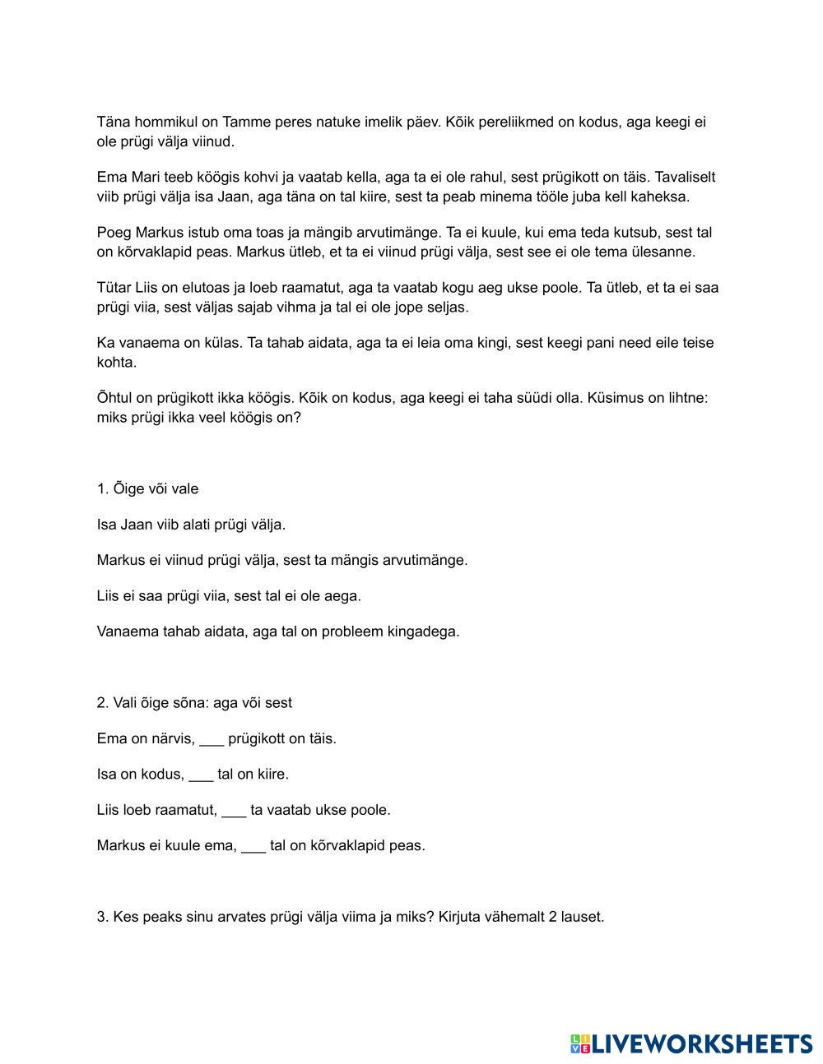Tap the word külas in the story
(223, 343)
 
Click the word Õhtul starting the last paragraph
(116, 398)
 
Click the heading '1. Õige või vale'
(147, 489)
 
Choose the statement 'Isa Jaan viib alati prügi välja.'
(191, 525)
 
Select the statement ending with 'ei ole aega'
(229, 596)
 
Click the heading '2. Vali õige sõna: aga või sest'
(194, 703)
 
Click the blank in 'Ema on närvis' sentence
(212, 739)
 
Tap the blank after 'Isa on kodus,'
(201, 775)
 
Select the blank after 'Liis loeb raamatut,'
(234, 810)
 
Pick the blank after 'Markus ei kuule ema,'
(253, 846)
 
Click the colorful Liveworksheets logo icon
(580, 1044)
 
